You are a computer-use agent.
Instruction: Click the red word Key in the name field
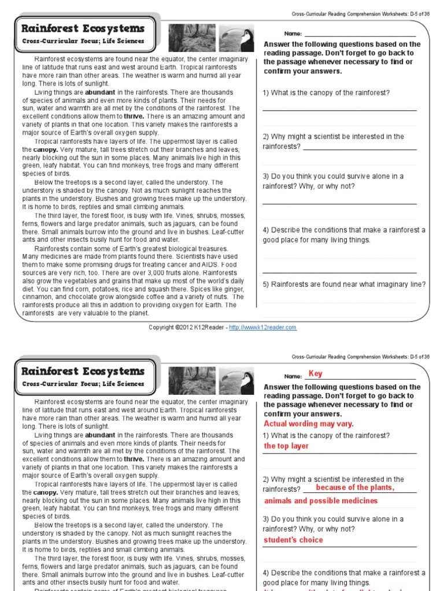point(316,374)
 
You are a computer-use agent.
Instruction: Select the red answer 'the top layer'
point(286,446)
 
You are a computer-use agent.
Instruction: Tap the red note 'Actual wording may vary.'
point(308,424)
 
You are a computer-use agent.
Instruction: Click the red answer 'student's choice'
point(293,540)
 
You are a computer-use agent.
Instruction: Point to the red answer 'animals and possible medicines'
point(321,501)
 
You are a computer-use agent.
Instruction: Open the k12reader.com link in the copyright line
point(262,327)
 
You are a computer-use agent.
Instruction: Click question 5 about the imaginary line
point(344,284)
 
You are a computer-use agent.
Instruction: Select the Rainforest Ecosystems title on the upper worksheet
point(83,29)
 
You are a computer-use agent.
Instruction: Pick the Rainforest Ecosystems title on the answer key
point(83,371)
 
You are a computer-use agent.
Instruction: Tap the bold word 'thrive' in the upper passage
point(134,117)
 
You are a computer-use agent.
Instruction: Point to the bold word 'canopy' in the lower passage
point(45,492)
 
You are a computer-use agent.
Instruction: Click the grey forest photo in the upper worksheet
point(184,38)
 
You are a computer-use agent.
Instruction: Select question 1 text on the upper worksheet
point(326,93)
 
